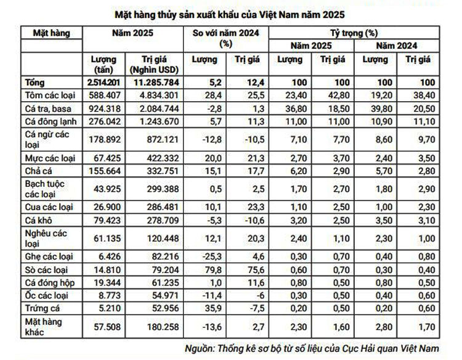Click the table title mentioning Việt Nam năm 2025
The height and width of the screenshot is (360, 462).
(230, 12)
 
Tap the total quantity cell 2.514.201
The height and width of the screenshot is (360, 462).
(103, 82)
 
